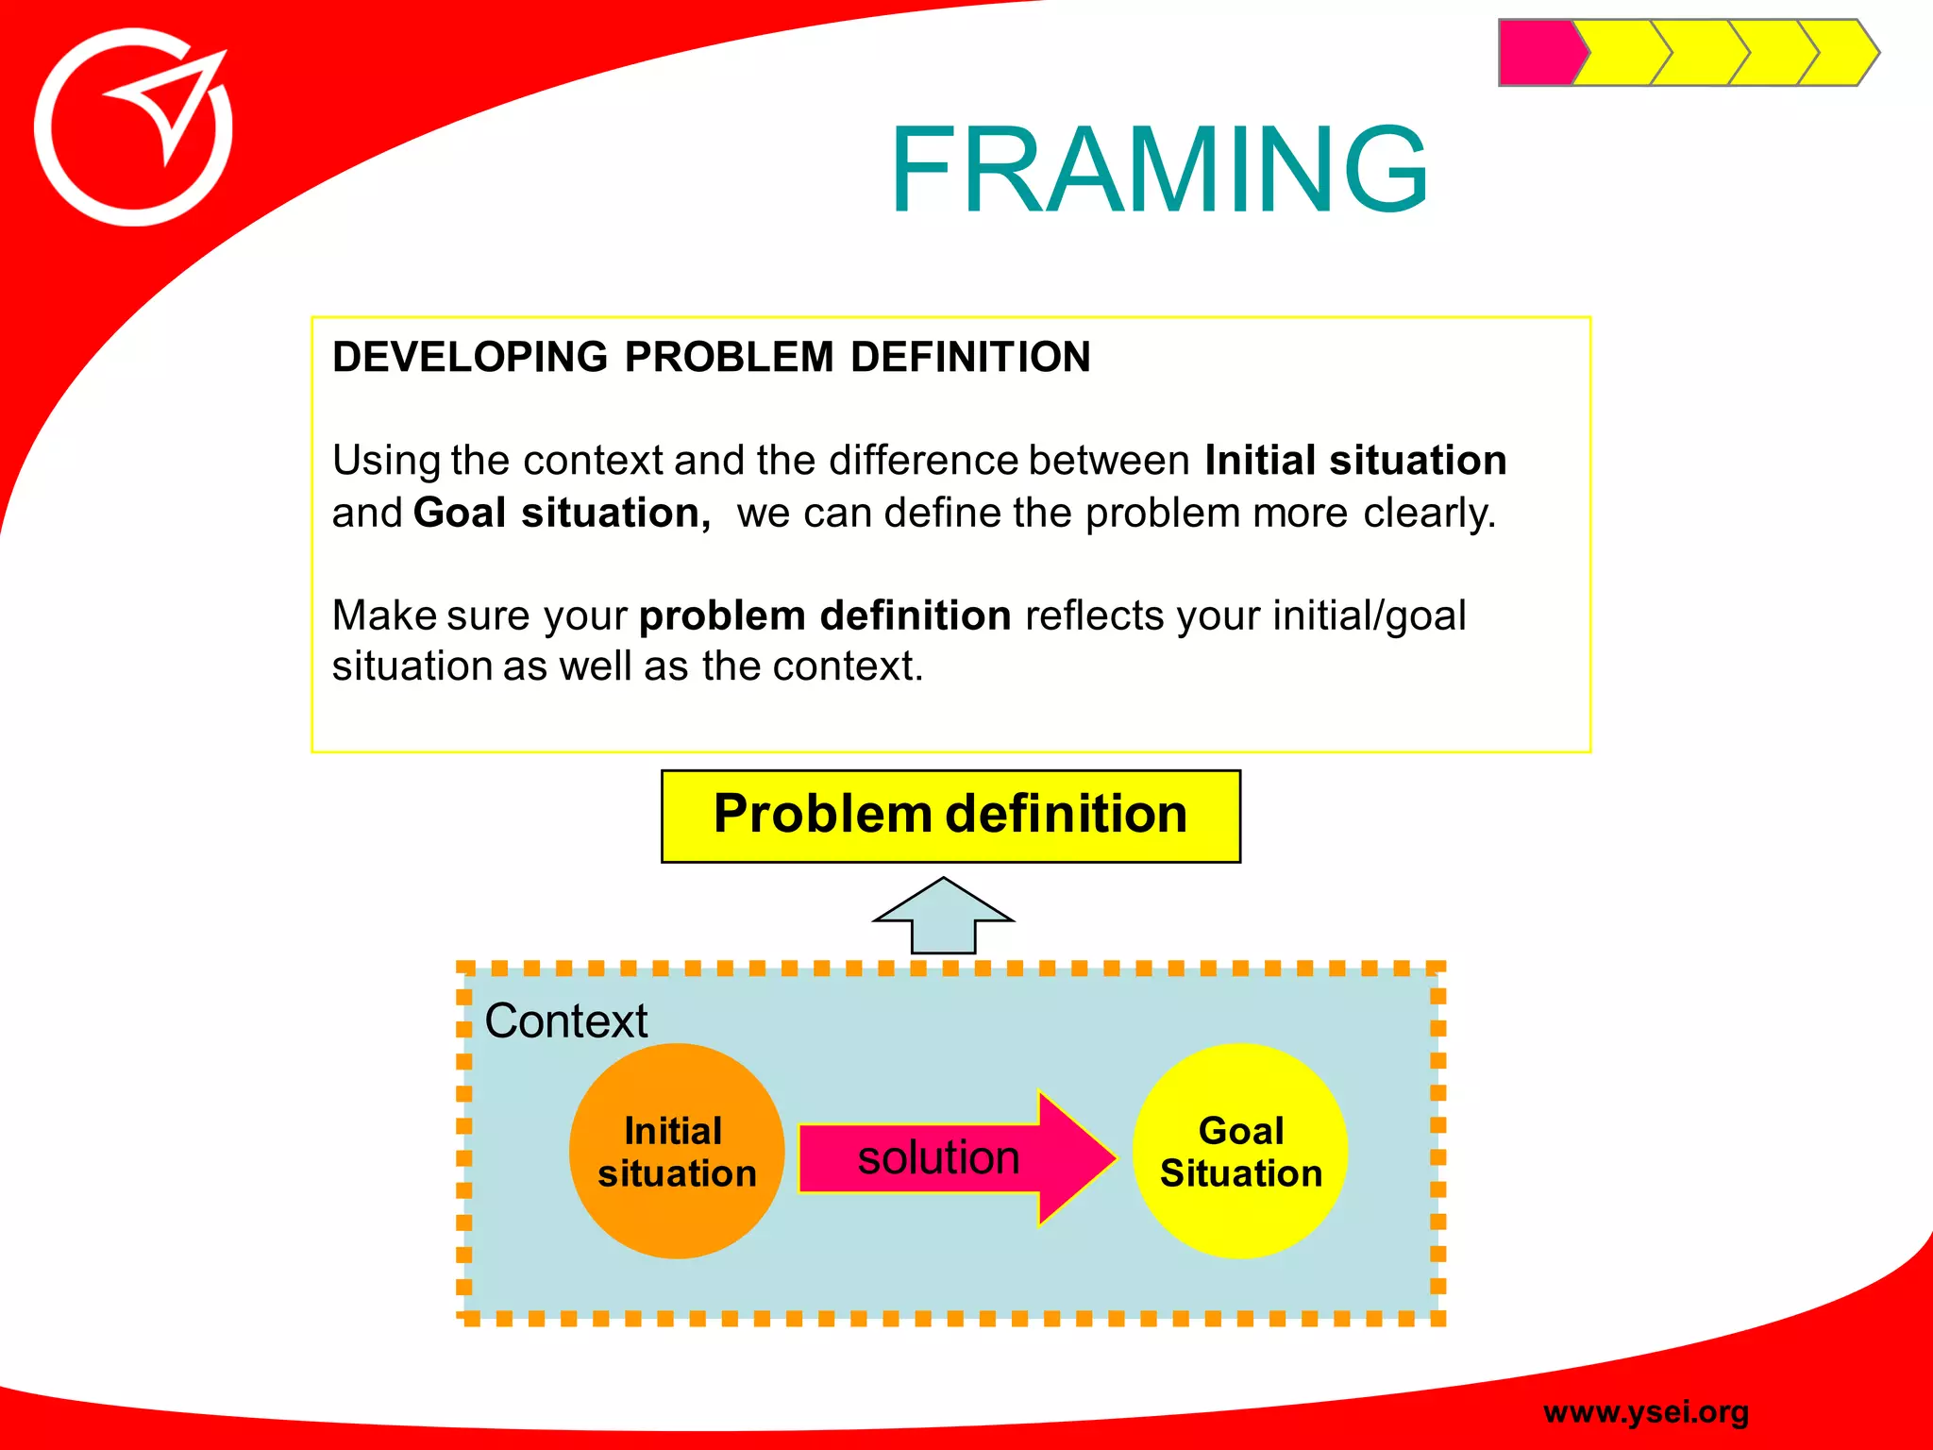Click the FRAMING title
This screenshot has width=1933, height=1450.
click(x=1158, y=171)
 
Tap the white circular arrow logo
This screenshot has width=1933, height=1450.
click(x=133, y=128)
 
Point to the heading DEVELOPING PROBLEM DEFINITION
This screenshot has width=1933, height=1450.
click(x=711, y=358)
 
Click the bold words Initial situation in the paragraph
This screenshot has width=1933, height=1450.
click(x=1355, y=461)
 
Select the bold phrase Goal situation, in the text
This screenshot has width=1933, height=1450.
click(x=562, y=514)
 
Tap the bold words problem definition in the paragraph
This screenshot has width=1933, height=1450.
click(x=825, y=615)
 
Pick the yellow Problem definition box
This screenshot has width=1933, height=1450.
click(x=950, y=816)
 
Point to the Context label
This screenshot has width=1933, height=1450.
click(x=565, y=1020)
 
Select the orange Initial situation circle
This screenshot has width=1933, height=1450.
click(x=677, y=1151)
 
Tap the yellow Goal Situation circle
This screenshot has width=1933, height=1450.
click(x=1240, y=1151)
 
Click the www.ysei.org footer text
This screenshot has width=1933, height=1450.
click(x=1645, y=1411)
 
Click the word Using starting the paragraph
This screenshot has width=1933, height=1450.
click(x=386, y=461)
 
